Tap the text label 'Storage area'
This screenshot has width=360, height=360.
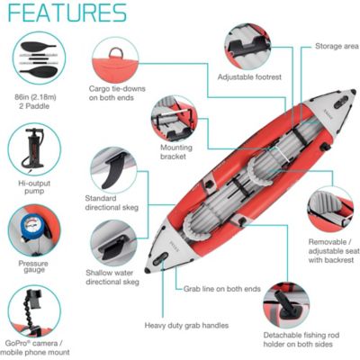(337, 45)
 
